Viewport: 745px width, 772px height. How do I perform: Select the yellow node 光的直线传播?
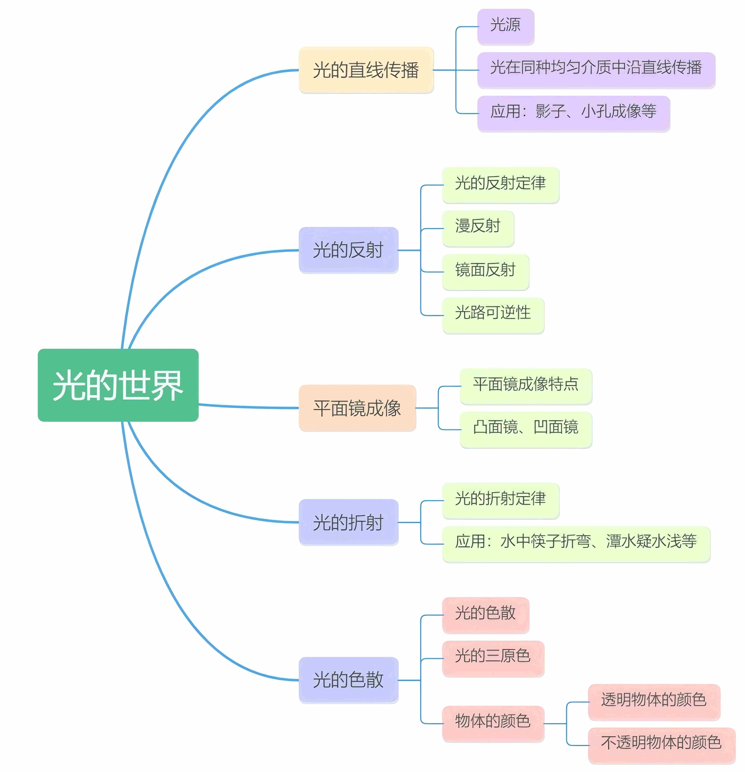(366, 70)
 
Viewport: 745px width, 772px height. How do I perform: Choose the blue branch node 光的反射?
(348, 250)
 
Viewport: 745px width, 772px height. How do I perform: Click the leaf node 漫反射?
(478, 228)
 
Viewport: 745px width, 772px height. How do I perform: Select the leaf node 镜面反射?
(485, 272)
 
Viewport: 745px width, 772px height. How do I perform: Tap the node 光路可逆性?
(493, 315)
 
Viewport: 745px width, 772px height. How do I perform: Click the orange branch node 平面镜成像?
(357, 408)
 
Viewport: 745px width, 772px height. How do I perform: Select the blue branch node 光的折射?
(348, 522)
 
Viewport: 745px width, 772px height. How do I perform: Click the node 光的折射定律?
(500, 501)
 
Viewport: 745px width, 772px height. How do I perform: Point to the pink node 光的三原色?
(493, 659)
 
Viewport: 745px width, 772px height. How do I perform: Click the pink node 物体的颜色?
(493, 724)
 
